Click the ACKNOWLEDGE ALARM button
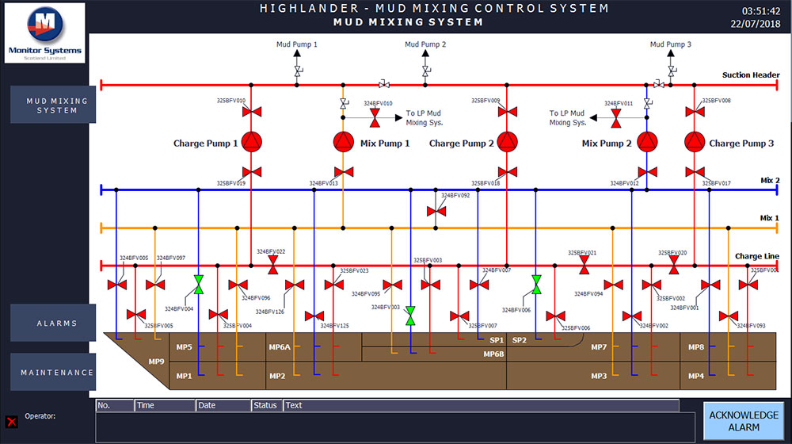pos(744,421)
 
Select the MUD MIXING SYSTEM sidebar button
pos(53,105)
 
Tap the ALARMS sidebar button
pos(53,323)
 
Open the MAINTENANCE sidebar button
pos(53,373)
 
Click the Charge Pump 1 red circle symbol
pos(251,142)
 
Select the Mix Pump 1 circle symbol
pos(343,142)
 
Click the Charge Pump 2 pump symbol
pos(507,142)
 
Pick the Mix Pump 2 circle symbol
pos(647,142)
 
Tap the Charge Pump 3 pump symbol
pos(695,142)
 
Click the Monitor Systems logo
pos(44,33)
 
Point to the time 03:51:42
pos(760,11)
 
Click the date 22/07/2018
pos(756,24)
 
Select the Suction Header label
pos(750,75)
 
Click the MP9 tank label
pos(157,362)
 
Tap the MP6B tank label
pos(494,354)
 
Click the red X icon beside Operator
pos(12,422)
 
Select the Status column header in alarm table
pos(266,406)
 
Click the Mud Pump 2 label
pos(425,44)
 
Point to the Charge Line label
pos(756,256)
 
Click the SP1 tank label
pos(497,340)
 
